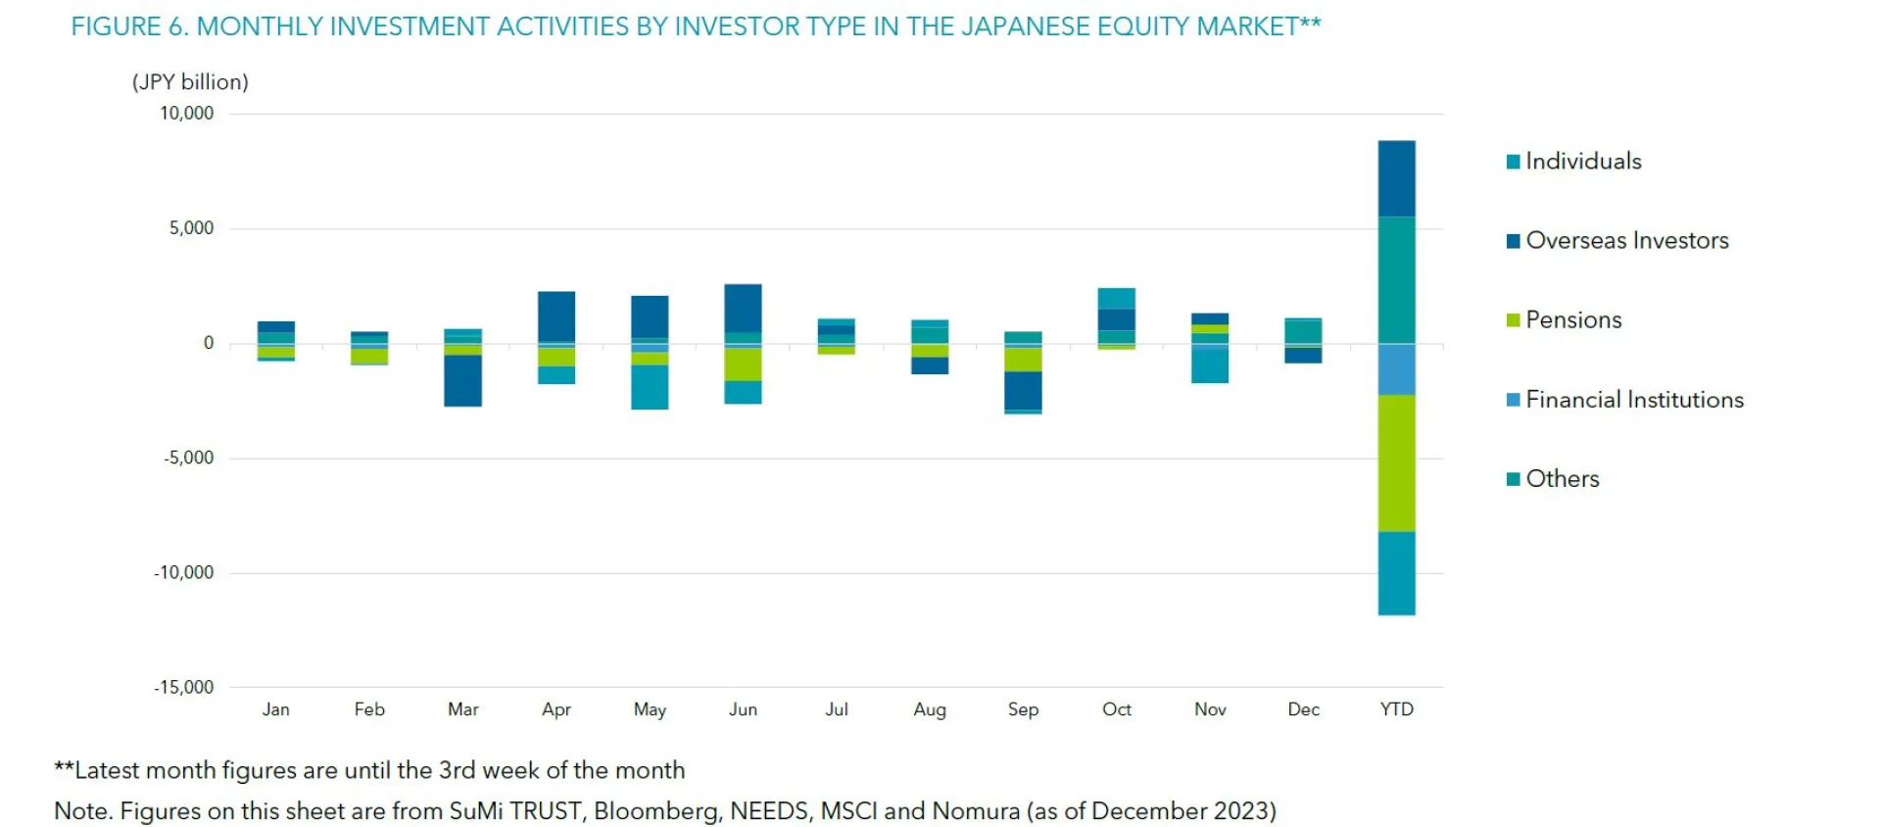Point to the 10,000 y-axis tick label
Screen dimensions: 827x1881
point(186,114)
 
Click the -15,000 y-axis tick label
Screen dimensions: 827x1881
point(183,688)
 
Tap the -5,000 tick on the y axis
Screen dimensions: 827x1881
point(188,459)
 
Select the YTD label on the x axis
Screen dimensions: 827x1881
point(1396,709)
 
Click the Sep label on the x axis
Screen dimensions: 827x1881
point(1023,709)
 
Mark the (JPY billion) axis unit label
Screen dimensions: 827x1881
point(190,82)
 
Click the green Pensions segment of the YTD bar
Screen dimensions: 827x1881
point(1396,462)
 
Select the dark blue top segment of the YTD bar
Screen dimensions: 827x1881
point(1396,178)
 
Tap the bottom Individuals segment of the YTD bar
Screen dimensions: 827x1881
point(1396,573)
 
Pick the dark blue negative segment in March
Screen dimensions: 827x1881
point(462,380)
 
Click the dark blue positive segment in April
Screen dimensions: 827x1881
point(556,316)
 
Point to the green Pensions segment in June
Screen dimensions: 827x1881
point(743,364)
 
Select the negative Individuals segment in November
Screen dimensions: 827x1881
point(1210,366)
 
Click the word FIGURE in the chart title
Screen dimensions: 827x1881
point(116,26)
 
